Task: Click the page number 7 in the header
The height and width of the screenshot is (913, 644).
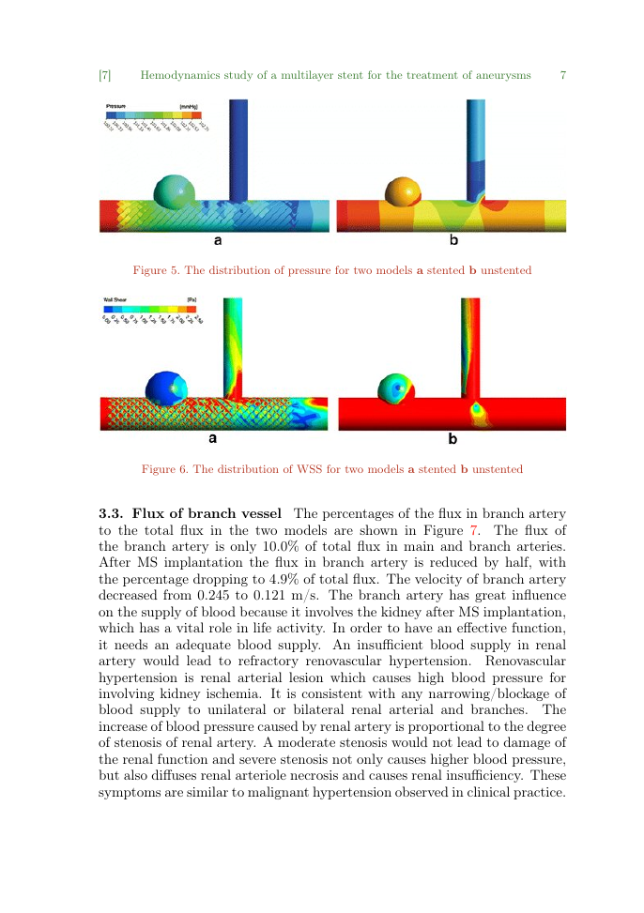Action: tap(562, 74)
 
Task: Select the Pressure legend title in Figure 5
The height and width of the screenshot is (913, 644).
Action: tap(115, 105)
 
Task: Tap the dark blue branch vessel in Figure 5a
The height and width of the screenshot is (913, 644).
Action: tap(238, 150)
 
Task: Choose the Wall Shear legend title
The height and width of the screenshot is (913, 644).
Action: tap(115, 299)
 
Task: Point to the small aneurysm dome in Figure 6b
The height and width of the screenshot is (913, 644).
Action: tap(395, 388)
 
